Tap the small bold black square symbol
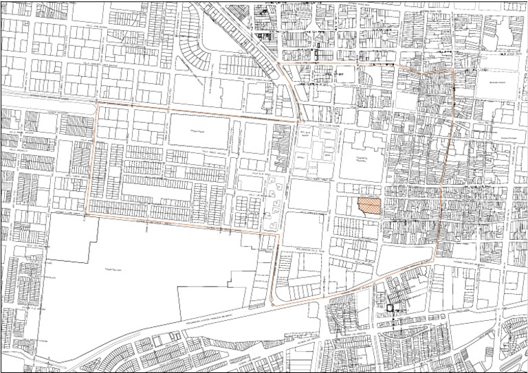[390, 308]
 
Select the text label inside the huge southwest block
[111, 271]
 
